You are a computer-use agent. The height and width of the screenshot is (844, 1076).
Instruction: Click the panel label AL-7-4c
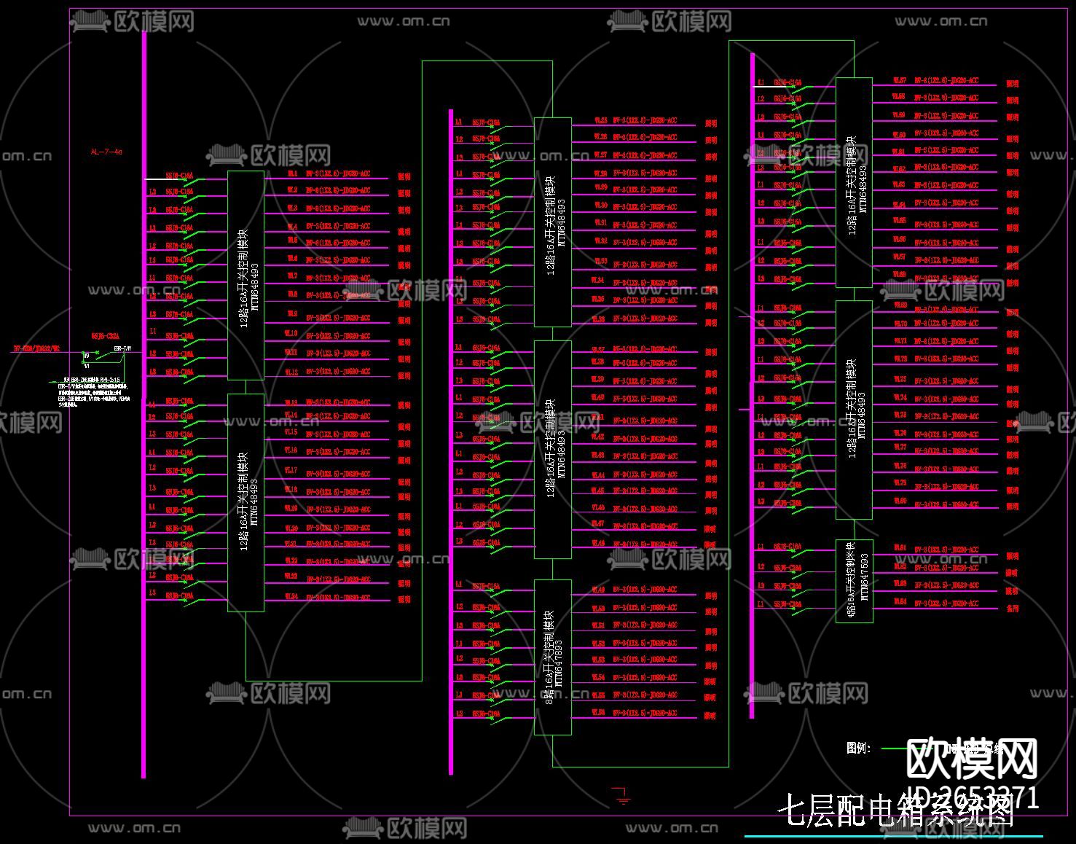(106, 152)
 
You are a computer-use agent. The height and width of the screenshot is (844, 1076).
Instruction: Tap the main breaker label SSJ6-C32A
(105, 337)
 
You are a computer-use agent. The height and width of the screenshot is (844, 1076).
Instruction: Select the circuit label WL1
(292, 174)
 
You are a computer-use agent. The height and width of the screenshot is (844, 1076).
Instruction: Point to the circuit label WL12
(291, 372)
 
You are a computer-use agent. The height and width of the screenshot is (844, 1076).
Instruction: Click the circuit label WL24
(291, 597)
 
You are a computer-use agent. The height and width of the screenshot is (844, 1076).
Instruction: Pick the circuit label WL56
(599, 713)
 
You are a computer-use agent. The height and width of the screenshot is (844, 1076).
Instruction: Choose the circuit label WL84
(900, 602)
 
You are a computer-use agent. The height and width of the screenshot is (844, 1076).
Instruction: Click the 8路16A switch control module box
(553, 657)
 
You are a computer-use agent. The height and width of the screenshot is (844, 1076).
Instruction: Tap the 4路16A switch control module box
(855, 581)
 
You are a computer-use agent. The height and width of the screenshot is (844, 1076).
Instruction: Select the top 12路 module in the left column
(246, 276)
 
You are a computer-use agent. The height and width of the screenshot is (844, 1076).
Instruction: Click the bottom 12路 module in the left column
(246, 502)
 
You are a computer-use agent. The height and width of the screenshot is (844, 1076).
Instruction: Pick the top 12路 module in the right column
(854, 182)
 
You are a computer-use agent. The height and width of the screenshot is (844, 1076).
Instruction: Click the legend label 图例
(859, 749)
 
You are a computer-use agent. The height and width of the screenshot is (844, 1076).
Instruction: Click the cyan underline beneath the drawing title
(893, 836)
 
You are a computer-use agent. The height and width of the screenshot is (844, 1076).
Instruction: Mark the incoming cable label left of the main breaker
(36, 349)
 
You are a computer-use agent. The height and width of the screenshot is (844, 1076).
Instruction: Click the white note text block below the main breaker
(94, 389)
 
